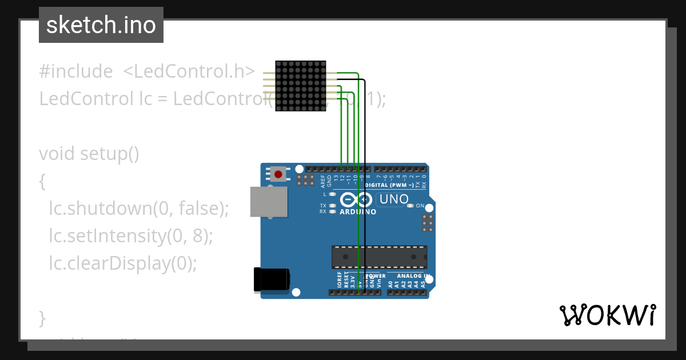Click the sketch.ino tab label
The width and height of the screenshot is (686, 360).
pyautogui.click(x=101, y=25)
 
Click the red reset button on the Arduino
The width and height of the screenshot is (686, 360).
pyautogui.click(x=279, y=174)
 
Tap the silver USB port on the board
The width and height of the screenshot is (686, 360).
pyautogui.click(x=269, y=202)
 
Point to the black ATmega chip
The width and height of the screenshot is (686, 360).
pyautogui.click(x=379, y=257)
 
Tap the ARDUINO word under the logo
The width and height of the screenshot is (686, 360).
pyautogui.click(x=358, y=212)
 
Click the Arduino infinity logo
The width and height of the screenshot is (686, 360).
pyautogui.click(x=357, y=200)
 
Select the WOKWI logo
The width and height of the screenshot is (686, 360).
pyautogui.click(x=607, y=315)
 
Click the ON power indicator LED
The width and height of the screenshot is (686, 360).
pyautogui.click(x=410, y=206)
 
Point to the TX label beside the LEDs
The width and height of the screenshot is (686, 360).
pyautogui.click(x=323, y=206)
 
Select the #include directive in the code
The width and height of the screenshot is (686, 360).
pyautogui.click(x=76, y=71)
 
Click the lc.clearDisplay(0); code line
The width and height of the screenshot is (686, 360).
pyautogui.click(x=122, y=263)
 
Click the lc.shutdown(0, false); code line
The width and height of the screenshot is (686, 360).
pyautogui.click(x=138, y=209)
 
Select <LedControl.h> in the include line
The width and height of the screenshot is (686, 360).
pyautogui.click(x=189, y=71)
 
